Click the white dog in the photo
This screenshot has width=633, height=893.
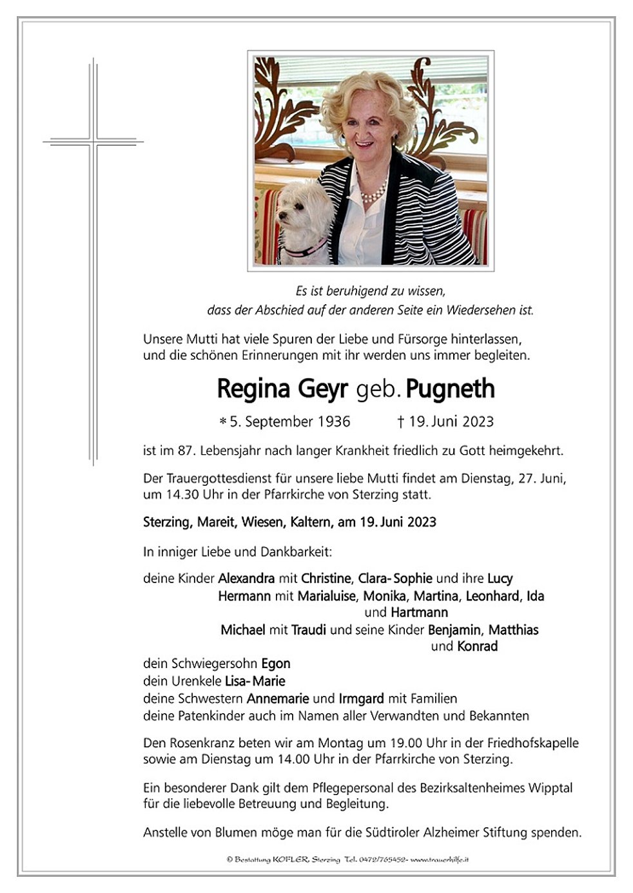point(303,219)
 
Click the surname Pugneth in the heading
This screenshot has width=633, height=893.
point(451,389)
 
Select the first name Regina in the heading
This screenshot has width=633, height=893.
point(254,389)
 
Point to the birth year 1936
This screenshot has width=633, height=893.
point(335,422)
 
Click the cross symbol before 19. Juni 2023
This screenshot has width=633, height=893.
point(400,422)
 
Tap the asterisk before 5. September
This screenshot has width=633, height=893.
point(223,423)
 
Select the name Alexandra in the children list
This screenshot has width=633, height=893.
point(247,579)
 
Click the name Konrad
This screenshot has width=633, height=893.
point(477,646)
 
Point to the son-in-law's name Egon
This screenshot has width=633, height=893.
point(276,664)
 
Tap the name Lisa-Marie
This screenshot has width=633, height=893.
point(255,681)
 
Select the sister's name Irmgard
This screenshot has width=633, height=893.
point(361,698)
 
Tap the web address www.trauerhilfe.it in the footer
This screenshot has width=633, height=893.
point(440,859)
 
